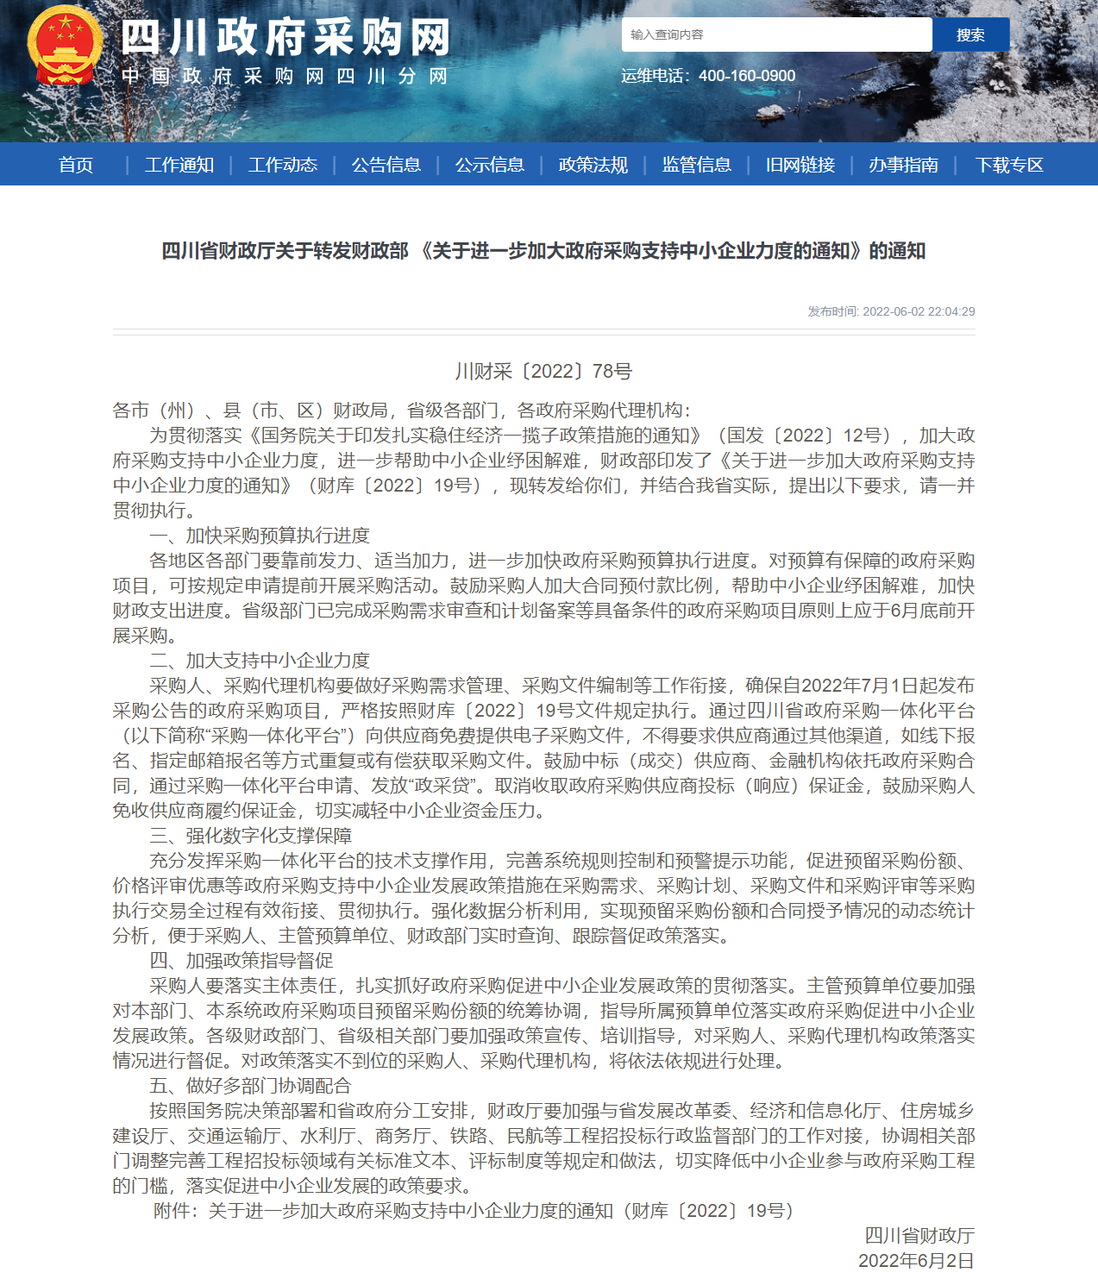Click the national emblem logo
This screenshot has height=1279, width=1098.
click(x=65, y=45)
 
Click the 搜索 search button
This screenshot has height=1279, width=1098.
click(x=970, y=34)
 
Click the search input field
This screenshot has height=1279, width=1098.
click(x=776, y=34)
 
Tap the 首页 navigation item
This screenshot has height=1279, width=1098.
click(x=76, y=165)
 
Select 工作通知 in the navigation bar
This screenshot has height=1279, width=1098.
click(x=179, y=165)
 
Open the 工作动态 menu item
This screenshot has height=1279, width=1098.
click(x=283, y=165)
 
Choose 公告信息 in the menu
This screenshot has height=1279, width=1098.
click(x=386, y=165)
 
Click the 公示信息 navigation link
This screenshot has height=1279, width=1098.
click(x=490, y=165)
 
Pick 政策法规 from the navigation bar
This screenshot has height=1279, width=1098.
click(x=593, y=165)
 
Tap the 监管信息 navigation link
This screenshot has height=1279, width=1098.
click(x=697, y=165)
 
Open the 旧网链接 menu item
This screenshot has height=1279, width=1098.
click(x=800, y=165)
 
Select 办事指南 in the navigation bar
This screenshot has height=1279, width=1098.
click(x=904, y=165)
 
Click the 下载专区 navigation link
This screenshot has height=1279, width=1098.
click(x=1009, y=165)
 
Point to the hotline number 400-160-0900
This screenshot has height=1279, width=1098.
click(x=747, y=76)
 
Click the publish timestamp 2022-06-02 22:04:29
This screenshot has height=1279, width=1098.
click(x=919, y=311)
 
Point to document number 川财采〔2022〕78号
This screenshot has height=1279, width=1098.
click(x=544, y=372)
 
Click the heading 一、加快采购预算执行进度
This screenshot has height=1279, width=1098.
click(x=260, y=536)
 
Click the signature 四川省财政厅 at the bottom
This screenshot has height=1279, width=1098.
click(x=919, y=1236)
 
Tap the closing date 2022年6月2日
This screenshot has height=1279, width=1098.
click(x=916, y=1261)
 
